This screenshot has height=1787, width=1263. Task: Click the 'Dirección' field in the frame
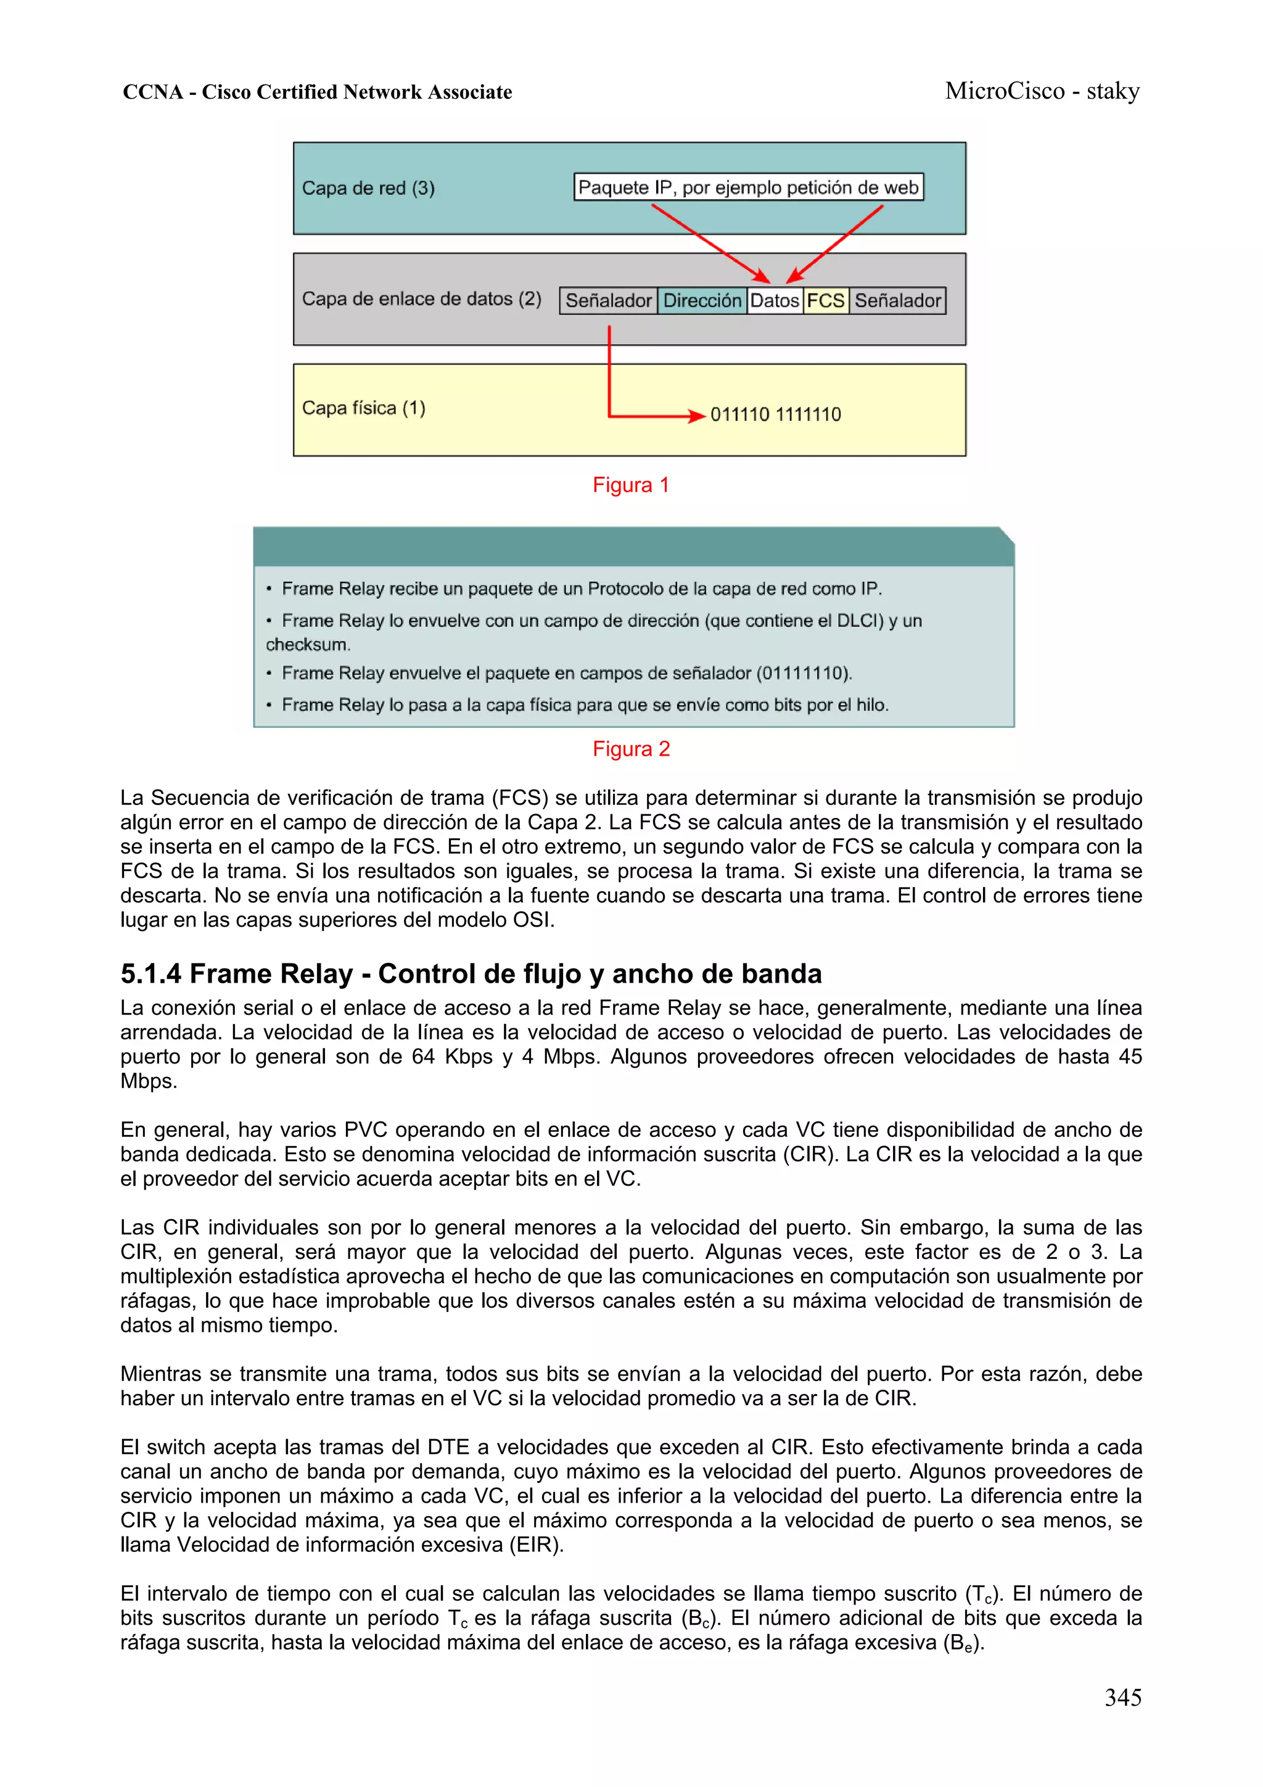(x=702, y=300)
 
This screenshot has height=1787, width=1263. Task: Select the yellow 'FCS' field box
(x=826, y=300)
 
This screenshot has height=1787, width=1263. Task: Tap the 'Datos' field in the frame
(x=775, y=300)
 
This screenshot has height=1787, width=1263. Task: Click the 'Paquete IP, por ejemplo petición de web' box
(x=748, y=188)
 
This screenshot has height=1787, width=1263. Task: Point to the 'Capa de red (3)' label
(x=368, y=188)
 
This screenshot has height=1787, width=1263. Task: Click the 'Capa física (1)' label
(x=363, y=408)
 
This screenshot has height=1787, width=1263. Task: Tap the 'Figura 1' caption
(x=630, y=485)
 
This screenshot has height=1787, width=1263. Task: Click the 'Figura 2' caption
(x=630, y=749)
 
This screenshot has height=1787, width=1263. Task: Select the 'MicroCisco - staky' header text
(x=1042, y=91)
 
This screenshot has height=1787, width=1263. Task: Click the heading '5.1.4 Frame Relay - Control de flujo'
(x=471, y=973)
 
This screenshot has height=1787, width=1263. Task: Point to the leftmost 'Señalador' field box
(x=609, y=300)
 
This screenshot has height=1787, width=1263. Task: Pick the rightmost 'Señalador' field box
(x=897, y=300)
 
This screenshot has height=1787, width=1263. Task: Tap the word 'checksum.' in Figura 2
(x=308, y=645)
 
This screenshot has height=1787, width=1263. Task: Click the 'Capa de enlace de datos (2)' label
(x=421, y=299)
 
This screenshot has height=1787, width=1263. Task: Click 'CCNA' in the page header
(x=152, y=93)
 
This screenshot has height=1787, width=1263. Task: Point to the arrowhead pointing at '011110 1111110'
(x=698, y=416)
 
